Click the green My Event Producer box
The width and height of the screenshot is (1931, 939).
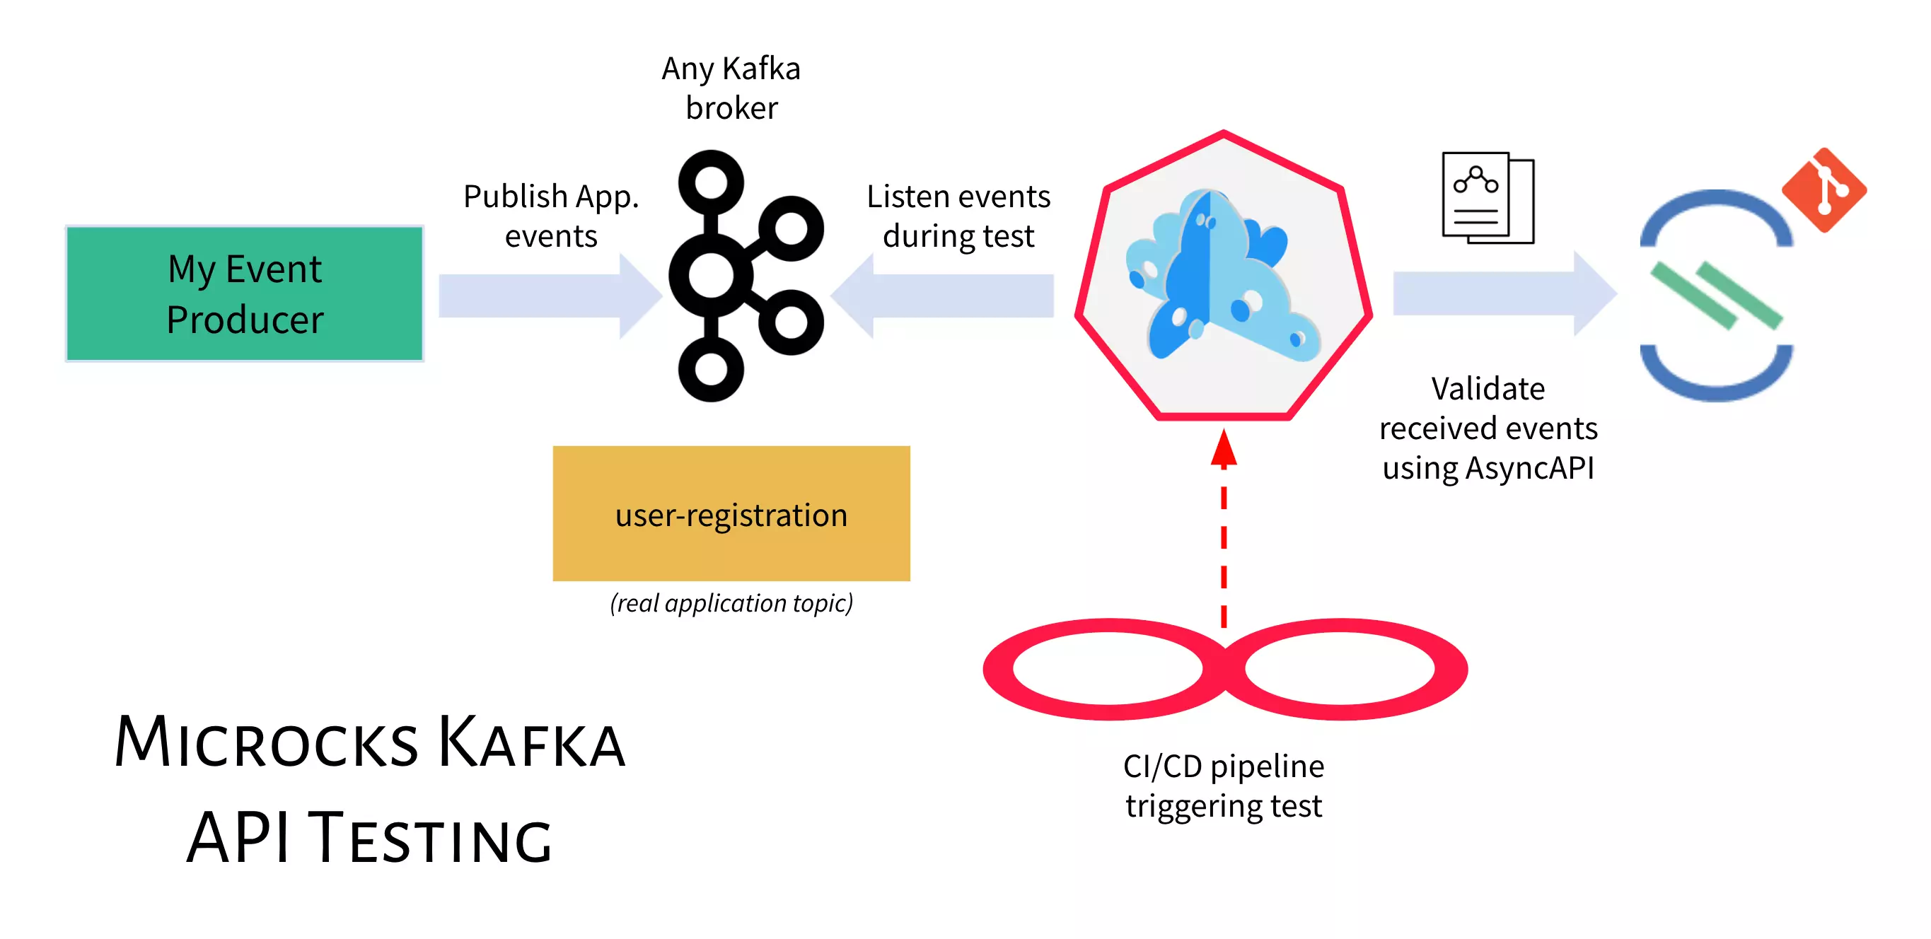coord(244,293)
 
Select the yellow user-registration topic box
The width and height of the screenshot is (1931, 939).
coord(731,513)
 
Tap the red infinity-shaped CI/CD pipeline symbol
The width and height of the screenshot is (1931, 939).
coord(1225,668)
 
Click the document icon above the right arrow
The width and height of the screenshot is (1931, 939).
coord(1488,197)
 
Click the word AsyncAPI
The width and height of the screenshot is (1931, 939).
coord(1529,468)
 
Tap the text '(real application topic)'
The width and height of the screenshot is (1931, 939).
coord(731,602)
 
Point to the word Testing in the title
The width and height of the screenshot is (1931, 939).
coord(430,838)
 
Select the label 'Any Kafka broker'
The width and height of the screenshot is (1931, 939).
coord(731,88)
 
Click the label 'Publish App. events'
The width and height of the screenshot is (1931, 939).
coord(551,216)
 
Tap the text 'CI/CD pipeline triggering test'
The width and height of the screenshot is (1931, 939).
coord(1224,786)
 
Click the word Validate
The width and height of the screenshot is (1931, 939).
coord(1488,389)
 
